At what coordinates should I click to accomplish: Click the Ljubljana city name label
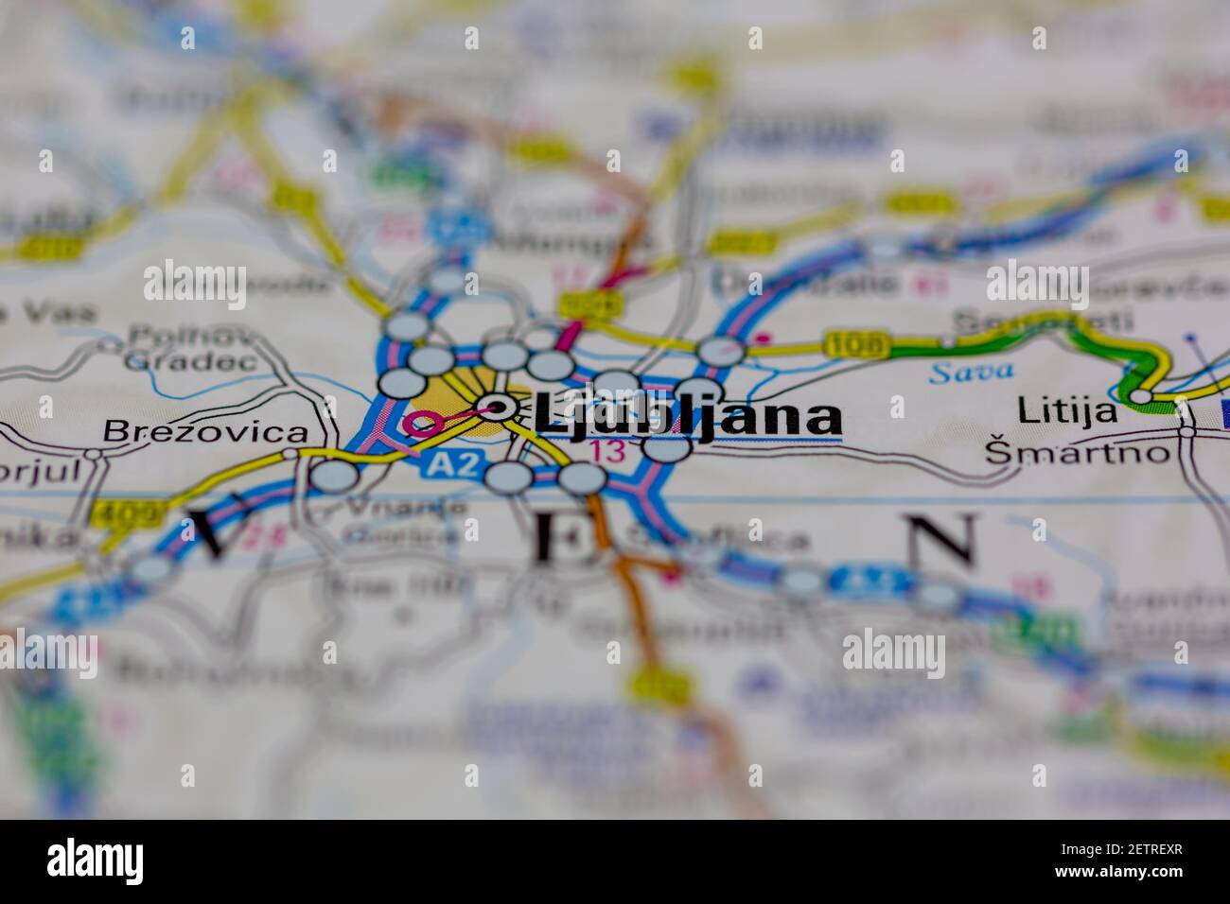click(x=687, y=417)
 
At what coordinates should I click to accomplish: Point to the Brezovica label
click(x=205, y=432)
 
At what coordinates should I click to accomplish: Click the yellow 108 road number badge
click(x=855, y=345)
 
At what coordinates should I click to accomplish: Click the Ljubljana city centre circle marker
click(x=497, y=409)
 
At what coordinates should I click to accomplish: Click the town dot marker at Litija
click(x=1143, y=395)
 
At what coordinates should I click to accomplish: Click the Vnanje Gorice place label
click(x=404, y=521)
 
